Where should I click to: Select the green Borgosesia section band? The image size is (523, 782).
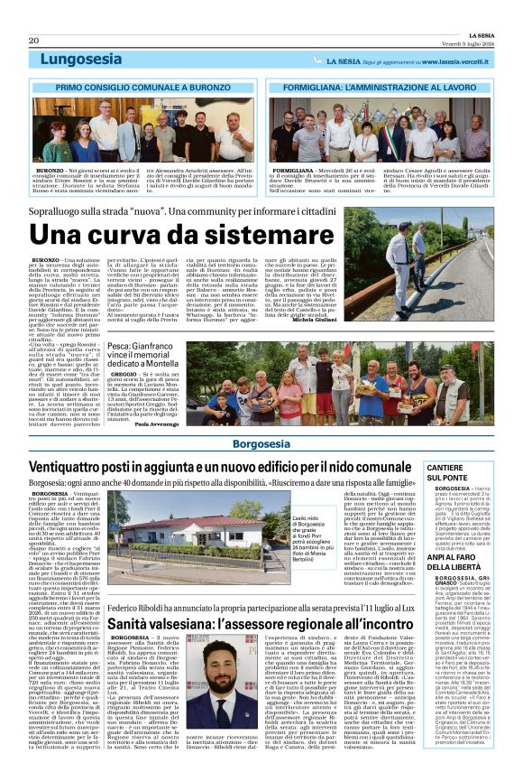coord(261,444)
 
